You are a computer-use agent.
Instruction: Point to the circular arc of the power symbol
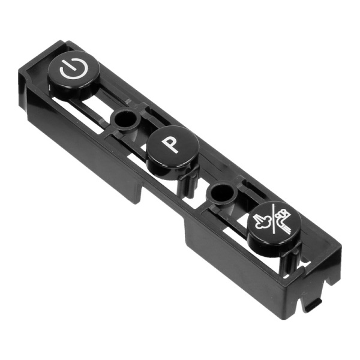pyautogui.click(x=73, y=70)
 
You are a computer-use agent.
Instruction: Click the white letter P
pyautogui.click(x=170, y=144)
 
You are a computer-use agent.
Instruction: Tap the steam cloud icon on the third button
pyautogui.click(x=262, y=221)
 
